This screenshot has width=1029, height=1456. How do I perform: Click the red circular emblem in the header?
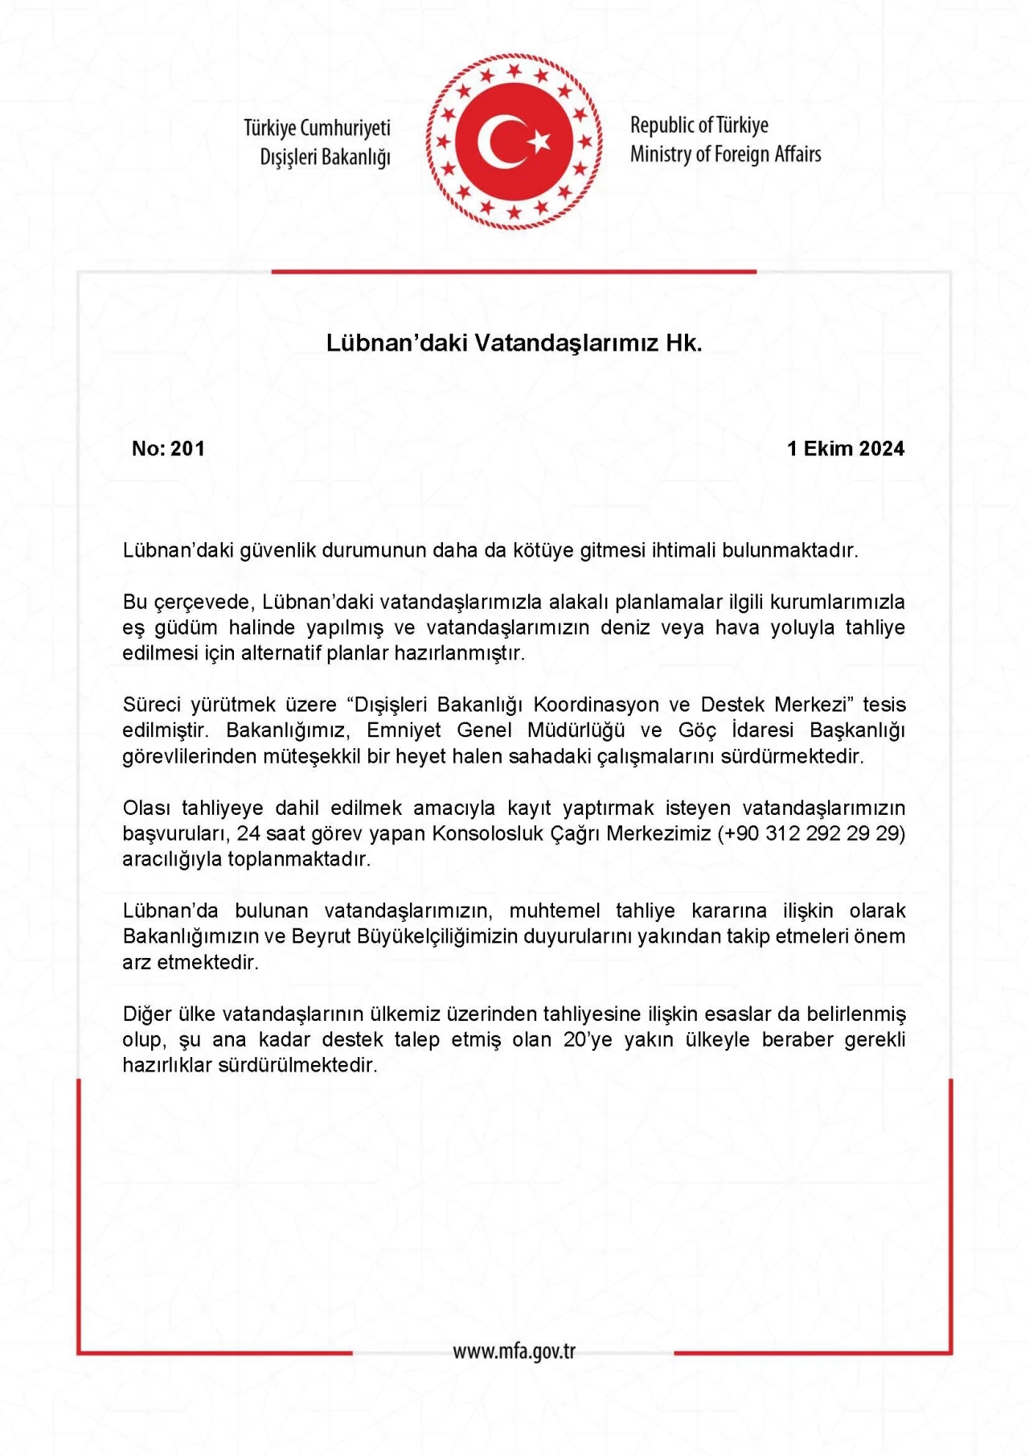514,142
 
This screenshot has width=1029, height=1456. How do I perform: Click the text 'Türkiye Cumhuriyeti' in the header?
317,128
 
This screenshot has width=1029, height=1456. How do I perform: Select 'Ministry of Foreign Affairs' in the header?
725,154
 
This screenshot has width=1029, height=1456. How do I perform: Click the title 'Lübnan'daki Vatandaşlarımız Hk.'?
514,343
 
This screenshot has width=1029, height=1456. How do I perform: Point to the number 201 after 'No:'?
188,449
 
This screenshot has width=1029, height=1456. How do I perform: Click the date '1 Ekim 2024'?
846,449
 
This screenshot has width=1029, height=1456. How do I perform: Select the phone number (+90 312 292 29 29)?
811,833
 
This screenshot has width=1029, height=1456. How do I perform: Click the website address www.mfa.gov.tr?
514,1351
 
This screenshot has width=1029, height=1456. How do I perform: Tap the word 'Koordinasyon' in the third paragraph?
596,705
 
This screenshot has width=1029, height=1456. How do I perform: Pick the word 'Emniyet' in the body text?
404,730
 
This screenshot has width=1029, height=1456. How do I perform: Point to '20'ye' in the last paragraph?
588,1039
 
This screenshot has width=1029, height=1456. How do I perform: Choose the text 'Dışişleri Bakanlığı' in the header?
325,157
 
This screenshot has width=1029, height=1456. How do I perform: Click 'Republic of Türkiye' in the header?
699,125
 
